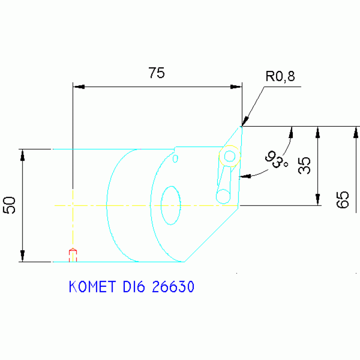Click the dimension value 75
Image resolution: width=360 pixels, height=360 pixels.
[x=156, y=73]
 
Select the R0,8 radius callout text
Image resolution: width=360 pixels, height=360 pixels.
[x=280, y=77]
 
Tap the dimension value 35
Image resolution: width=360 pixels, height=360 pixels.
[x=305, y=166]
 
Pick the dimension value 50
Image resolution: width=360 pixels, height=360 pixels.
[x=10, y=205]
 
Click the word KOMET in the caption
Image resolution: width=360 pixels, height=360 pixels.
[x=92, y=287]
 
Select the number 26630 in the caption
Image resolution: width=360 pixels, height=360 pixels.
[x=173, y=287]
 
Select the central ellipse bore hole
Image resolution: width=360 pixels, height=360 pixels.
[x=171, y=205]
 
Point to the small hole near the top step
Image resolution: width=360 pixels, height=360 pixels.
[x=176, y=158]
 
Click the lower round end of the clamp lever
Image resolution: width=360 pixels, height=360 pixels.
[x=223, y=195]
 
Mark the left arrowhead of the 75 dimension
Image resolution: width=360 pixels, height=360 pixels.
[x=78, y=87]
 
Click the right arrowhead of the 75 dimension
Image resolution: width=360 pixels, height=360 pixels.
[x=236, y=87]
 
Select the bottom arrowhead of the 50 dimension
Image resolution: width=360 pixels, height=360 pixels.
[x=22, y=256]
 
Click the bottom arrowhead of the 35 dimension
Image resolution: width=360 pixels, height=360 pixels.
[x=318, y=200]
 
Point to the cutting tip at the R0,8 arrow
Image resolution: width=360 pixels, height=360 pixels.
[x=242, y=126]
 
